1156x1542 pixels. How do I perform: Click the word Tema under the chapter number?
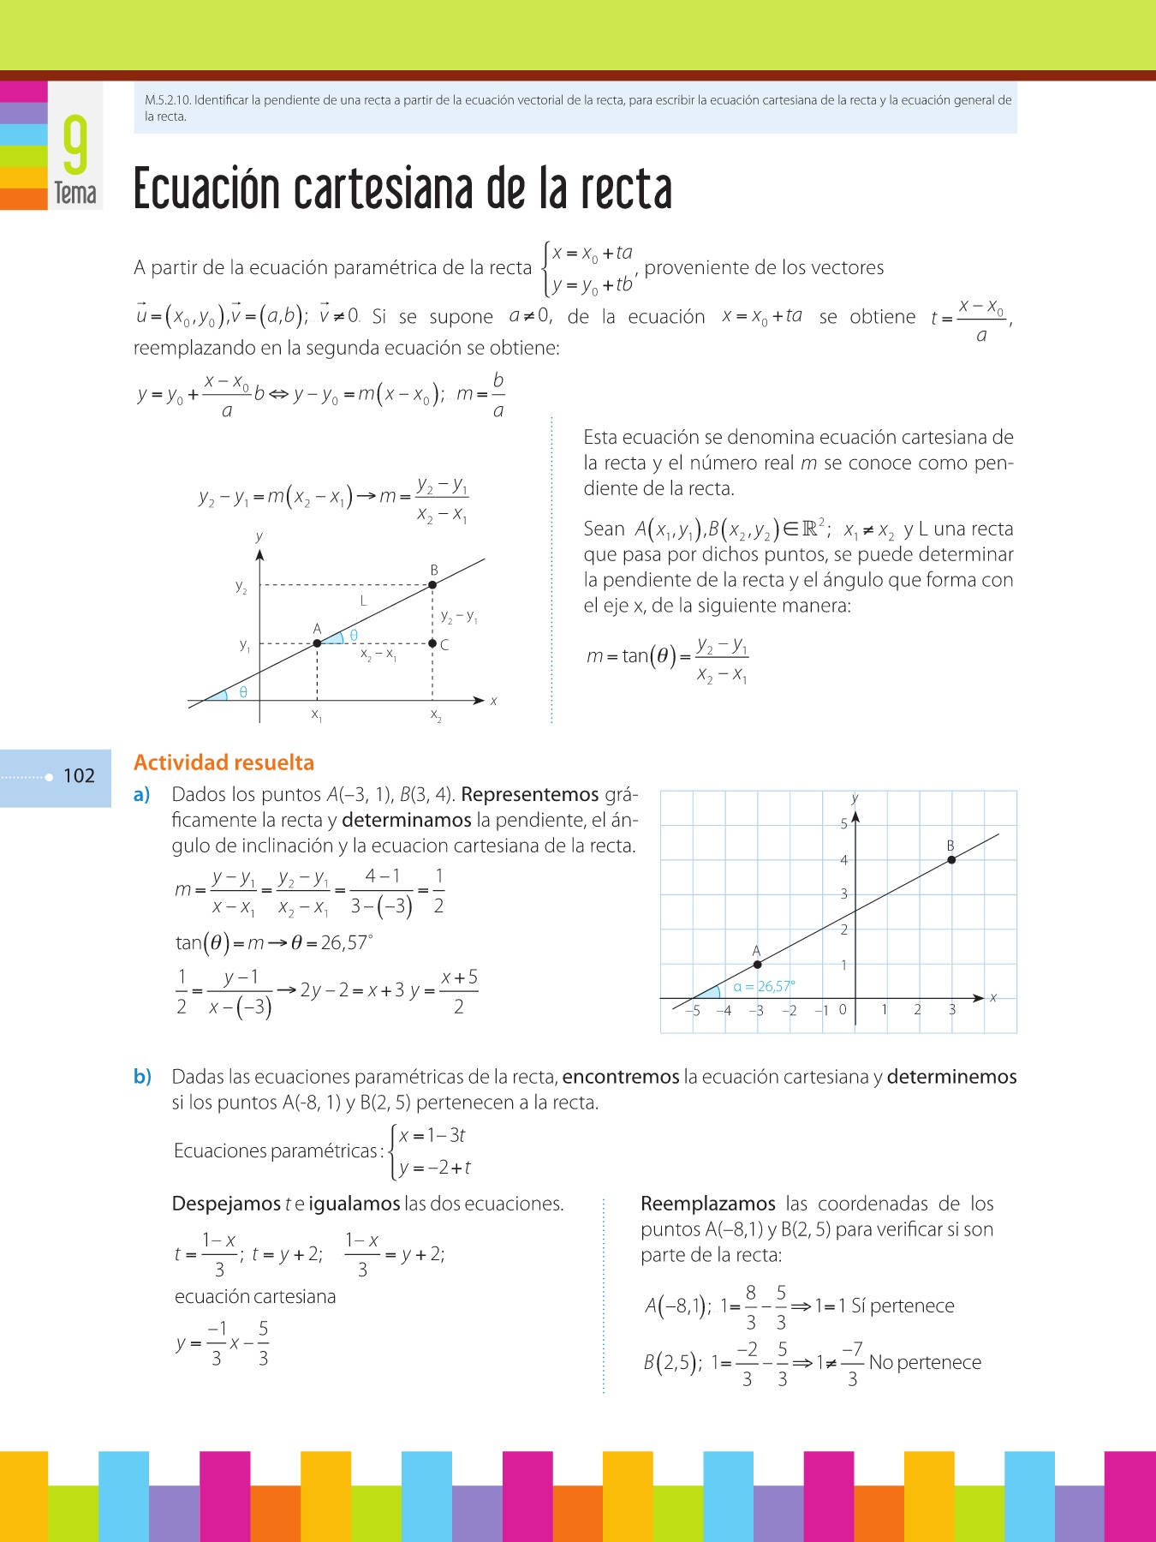tap(75, 193)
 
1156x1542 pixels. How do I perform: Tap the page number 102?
tap(79, 776)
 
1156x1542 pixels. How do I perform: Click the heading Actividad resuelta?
tap(223, 762)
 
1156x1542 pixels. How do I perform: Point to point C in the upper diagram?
tap(433, 643)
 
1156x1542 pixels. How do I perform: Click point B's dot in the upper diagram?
tap(432, 585)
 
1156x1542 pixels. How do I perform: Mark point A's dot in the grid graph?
tap(757, 965)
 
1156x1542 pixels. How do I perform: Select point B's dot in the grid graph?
tap(951, 859)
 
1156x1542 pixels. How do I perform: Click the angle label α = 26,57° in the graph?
tap(764, 986)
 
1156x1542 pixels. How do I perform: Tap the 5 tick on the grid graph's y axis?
tap(843, 824)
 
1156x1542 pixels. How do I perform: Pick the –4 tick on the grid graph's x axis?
tap(724, 1010)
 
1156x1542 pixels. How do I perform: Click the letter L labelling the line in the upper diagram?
tap(363, 601)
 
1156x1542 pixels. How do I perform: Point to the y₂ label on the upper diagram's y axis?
tap(241, 587)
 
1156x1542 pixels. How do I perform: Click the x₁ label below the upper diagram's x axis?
tap(317, 714)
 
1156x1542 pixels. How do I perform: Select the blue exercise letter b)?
tap(142, 1077)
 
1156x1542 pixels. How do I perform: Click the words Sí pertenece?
tap(903, 1306)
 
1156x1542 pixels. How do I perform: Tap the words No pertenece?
tap(925, 1362)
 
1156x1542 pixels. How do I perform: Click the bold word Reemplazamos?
tap(708, 1204)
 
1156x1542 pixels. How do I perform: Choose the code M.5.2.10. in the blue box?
tap(168, 100)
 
